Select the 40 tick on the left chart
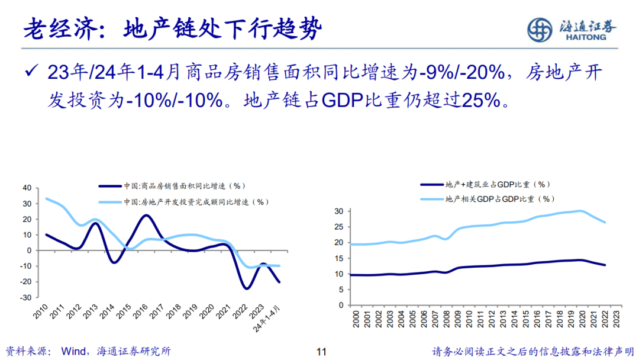coord(26,188)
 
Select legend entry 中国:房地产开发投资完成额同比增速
coord(196,202)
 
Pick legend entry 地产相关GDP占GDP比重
coord(500,199)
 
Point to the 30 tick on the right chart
coord(340,211)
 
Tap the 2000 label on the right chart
coord(355,317)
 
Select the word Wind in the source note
coord(73,351)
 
